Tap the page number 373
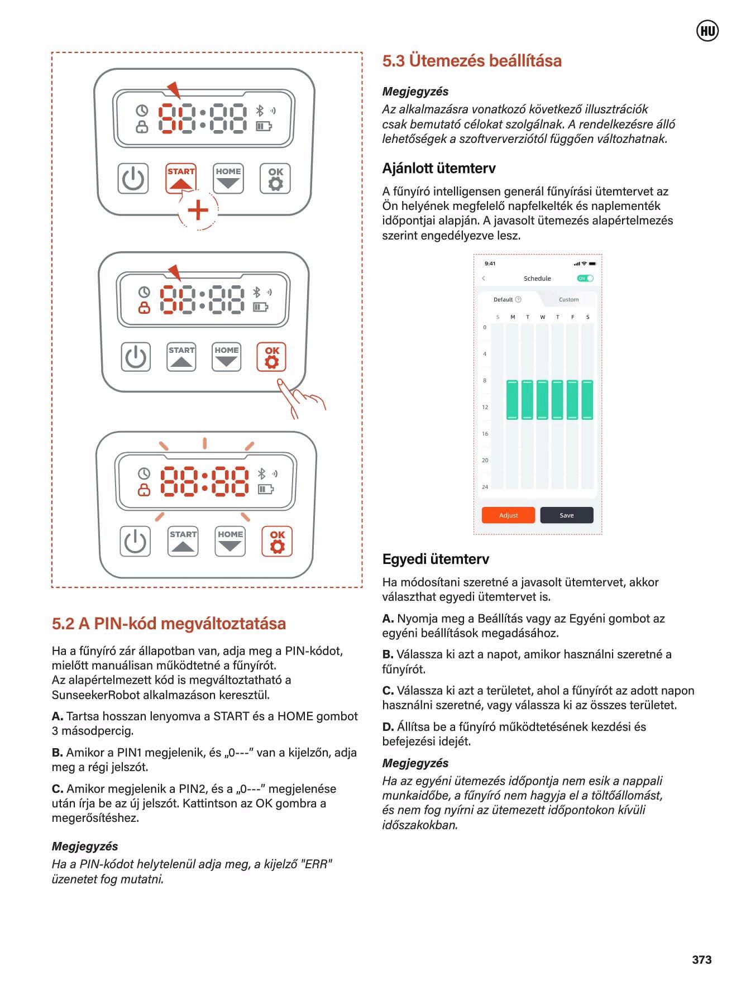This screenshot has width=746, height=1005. pyautogui.click(x=701, y=959)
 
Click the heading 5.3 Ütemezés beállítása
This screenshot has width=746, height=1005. pyautogui.click(x=472, y=60)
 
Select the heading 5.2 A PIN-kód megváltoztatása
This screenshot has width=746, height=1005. pyautogui.click(x=169, y=623)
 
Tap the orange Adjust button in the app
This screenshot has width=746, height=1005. pyautogui.click(x=508, y=515)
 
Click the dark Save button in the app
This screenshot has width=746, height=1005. pyautogui.click(x=566, y=515)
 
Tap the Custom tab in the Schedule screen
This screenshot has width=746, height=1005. pyautogui.click(x=568, y=299)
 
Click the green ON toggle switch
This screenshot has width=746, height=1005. pyautogui.click(x=585, y=278)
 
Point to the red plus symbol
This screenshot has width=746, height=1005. pyautogui.click(x=198, y=210)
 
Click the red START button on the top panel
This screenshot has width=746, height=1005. pyautogui.click(x=181, y=178)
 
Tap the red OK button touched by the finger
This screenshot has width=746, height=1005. pyautogui.click(x=271, y=357)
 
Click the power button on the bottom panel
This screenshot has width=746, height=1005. pyautogui.click(x=135, y=541)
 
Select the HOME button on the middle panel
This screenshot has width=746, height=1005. pyautogui.click(x=226, y=357)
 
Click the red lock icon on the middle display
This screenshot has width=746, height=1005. pyautogui.click(x=144, y=308)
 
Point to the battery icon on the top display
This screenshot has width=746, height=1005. pyautogui.click(x=264, y=126)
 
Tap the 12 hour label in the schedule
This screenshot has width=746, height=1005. pyautogui.click(x=485, y=407)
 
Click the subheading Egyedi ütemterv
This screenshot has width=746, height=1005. pyautogui.click(x=436, y=559)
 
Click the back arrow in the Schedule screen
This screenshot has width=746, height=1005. pyautogui.click(x=484, y=278)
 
